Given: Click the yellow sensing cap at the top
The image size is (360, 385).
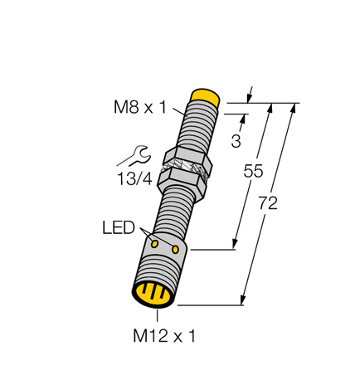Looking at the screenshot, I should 205,96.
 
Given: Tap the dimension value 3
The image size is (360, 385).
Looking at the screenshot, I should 236,140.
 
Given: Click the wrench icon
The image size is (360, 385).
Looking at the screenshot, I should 136,155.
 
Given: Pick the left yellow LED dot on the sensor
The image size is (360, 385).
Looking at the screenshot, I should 154,243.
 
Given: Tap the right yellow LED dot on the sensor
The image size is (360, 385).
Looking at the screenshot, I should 176,249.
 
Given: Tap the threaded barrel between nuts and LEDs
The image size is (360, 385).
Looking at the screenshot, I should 178,212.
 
